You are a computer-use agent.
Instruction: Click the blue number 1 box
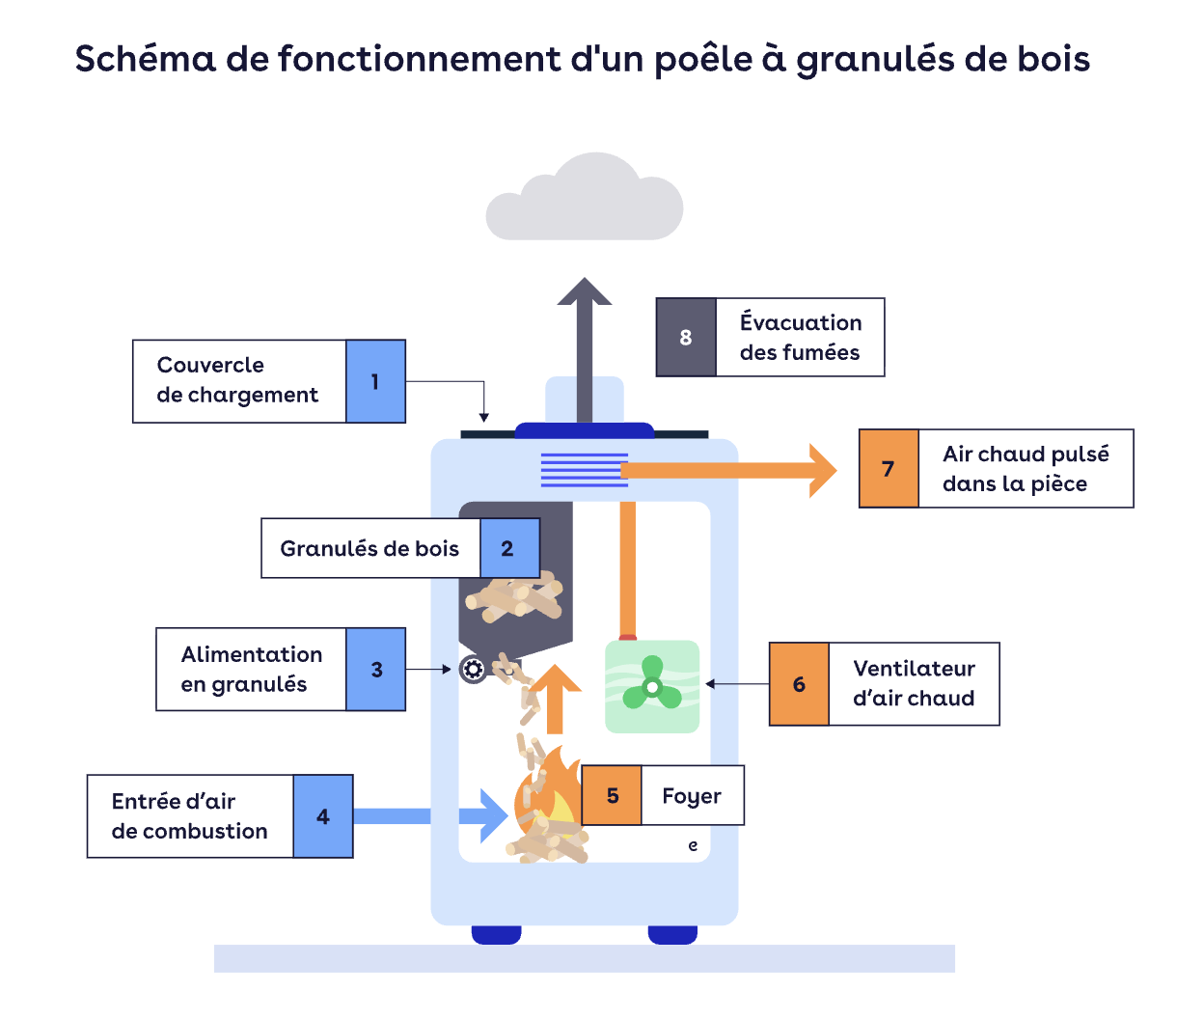tap(375, 381)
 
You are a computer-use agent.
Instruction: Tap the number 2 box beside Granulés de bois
tap(508, 548)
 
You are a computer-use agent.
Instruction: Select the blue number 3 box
tap(376, 670)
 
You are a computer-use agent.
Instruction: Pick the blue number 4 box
tap(323, 816)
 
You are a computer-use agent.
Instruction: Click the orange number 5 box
tap(612, 796)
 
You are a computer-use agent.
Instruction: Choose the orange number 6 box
tap(799, 684)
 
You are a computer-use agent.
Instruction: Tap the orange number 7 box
tap(889, 469)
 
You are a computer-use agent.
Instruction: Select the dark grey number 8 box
tap(686, 338)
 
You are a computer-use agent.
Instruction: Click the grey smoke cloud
tap(585, 200)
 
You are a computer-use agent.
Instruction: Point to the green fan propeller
tap(652, 685)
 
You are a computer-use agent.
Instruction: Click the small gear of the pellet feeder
tap(473, 669)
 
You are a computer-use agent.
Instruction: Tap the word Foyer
tap(692, 796)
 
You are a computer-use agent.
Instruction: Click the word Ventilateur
tap(914, 669)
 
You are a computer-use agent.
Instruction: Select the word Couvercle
tap(210, 365)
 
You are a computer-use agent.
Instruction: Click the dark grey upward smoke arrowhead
tap(585, 291)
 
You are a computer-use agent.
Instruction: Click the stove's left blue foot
tap(496, 934)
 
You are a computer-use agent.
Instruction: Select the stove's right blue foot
tap(672, 934)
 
